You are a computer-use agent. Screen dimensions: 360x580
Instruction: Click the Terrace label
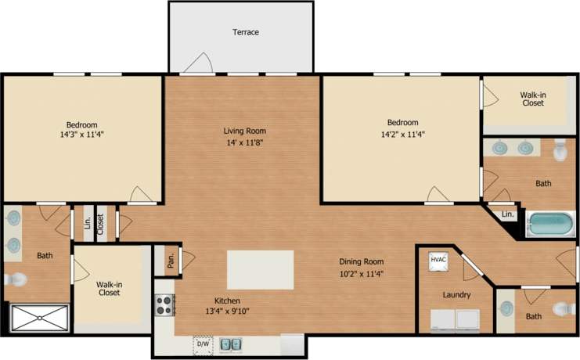point(245,32)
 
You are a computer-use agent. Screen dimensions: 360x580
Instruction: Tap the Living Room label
point(245,131)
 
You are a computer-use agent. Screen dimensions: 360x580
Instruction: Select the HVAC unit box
point(436,261)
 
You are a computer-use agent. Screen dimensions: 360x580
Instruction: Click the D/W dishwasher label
point(203,344)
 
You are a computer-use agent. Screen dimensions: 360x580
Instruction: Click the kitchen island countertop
point(260,270)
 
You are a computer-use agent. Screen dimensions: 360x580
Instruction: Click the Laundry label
point(456,295)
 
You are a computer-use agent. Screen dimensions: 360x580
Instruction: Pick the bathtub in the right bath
point(551,225)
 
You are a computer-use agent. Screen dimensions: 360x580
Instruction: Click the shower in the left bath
point(39,317)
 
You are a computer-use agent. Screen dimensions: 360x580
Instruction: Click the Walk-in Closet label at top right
point(532,99)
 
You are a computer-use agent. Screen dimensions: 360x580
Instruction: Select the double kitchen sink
point(230,344)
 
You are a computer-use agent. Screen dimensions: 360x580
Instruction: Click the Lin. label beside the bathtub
point(507,214)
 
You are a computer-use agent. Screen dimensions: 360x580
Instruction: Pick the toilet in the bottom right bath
point(560,309)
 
